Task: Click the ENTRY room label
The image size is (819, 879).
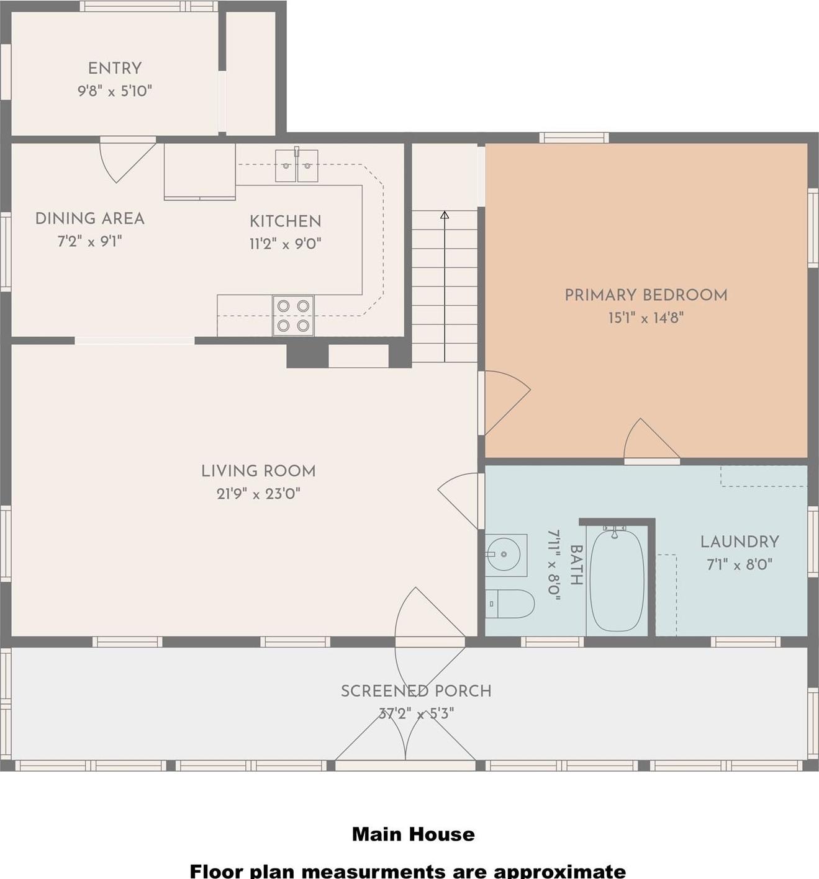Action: [x=115, y=68]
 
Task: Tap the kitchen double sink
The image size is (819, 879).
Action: [x=296, y=166]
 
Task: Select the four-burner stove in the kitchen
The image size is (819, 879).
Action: [x=293, y=315]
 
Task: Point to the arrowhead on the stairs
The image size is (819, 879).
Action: [x=445, y=215]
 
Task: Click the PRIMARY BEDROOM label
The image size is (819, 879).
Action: [x=646, y=295]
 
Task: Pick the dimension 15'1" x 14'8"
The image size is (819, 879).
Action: [x=646, y=318]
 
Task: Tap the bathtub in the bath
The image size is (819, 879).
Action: [x=616, y=579]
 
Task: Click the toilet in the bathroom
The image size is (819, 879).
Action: [x=511, y=604]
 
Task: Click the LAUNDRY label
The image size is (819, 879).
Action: [x=740, y=542]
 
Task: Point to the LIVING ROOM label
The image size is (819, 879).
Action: [x=258, y=471]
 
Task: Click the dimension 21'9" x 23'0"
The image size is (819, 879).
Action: [x=258, y=494]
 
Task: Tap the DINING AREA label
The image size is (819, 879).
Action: [x=90, y=218]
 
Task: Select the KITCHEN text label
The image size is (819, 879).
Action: [x=286, y=221]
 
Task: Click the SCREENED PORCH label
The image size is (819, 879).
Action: [x=416, y=691]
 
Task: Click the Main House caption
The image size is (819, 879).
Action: [x=413, y=834]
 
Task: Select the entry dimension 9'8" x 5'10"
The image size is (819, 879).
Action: [x=115, y=91]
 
